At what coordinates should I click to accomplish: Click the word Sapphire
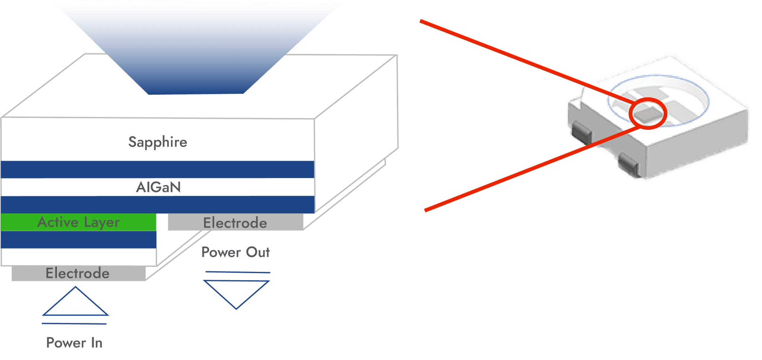158,142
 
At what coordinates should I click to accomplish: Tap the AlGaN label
159,187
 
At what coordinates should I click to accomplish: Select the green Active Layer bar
79,222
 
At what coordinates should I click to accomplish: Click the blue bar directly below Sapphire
157,170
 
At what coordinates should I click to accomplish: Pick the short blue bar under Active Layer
79,240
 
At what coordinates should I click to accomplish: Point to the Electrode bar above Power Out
235,223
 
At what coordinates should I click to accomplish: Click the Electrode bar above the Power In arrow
78,273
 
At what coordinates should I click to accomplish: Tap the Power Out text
236,252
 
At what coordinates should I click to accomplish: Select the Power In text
74,343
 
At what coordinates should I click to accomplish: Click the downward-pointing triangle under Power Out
236,292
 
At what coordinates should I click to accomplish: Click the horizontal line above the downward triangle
238,272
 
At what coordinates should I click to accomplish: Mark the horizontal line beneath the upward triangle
74,324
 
